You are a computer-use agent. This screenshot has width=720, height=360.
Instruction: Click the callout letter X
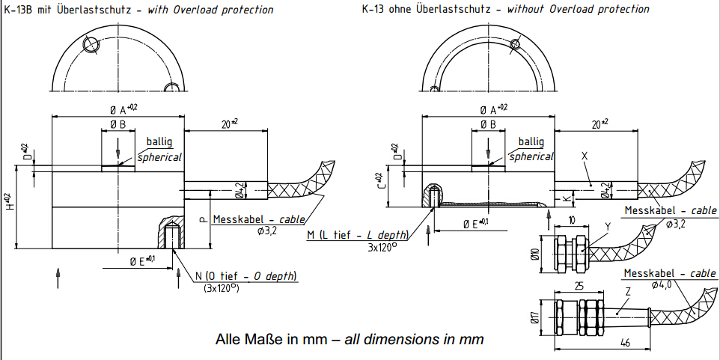point(585,156)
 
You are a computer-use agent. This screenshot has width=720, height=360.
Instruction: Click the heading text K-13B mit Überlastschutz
point(75,10)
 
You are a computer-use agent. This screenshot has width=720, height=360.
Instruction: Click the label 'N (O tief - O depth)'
point(247,277)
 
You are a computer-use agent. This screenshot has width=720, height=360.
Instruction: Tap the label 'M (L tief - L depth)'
point(358,236)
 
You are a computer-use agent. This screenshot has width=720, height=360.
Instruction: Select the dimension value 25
point(579,285)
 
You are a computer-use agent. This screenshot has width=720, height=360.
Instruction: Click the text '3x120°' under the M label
point(383,247)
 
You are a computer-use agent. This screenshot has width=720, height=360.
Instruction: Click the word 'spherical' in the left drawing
point(159,157)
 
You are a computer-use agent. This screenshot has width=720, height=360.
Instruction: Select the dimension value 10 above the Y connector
point(571,221)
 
